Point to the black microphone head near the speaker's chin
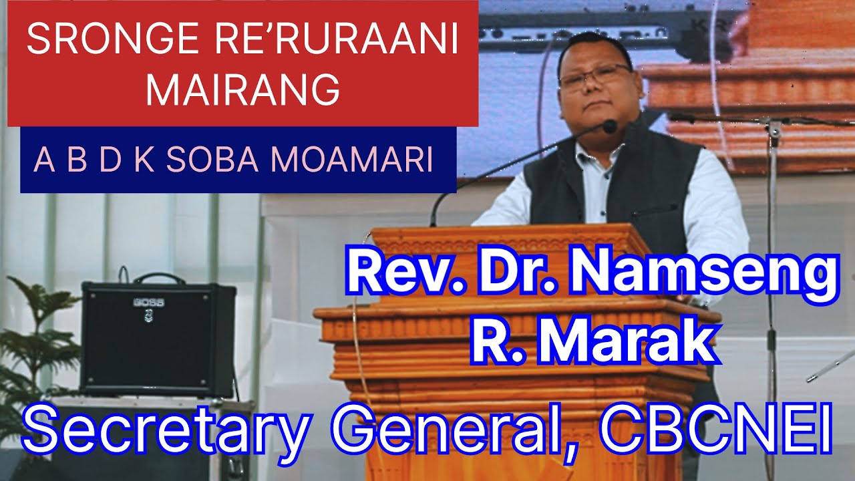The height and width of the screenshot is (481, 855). tap(609, 126)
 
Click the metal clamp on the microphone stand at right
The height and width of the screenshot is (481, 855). tap(774, 129)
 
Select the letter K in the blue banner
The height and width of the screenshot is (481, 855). tap(142, 161)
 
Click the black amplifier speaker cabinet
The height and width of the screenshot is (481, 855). tap(157, 341)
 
